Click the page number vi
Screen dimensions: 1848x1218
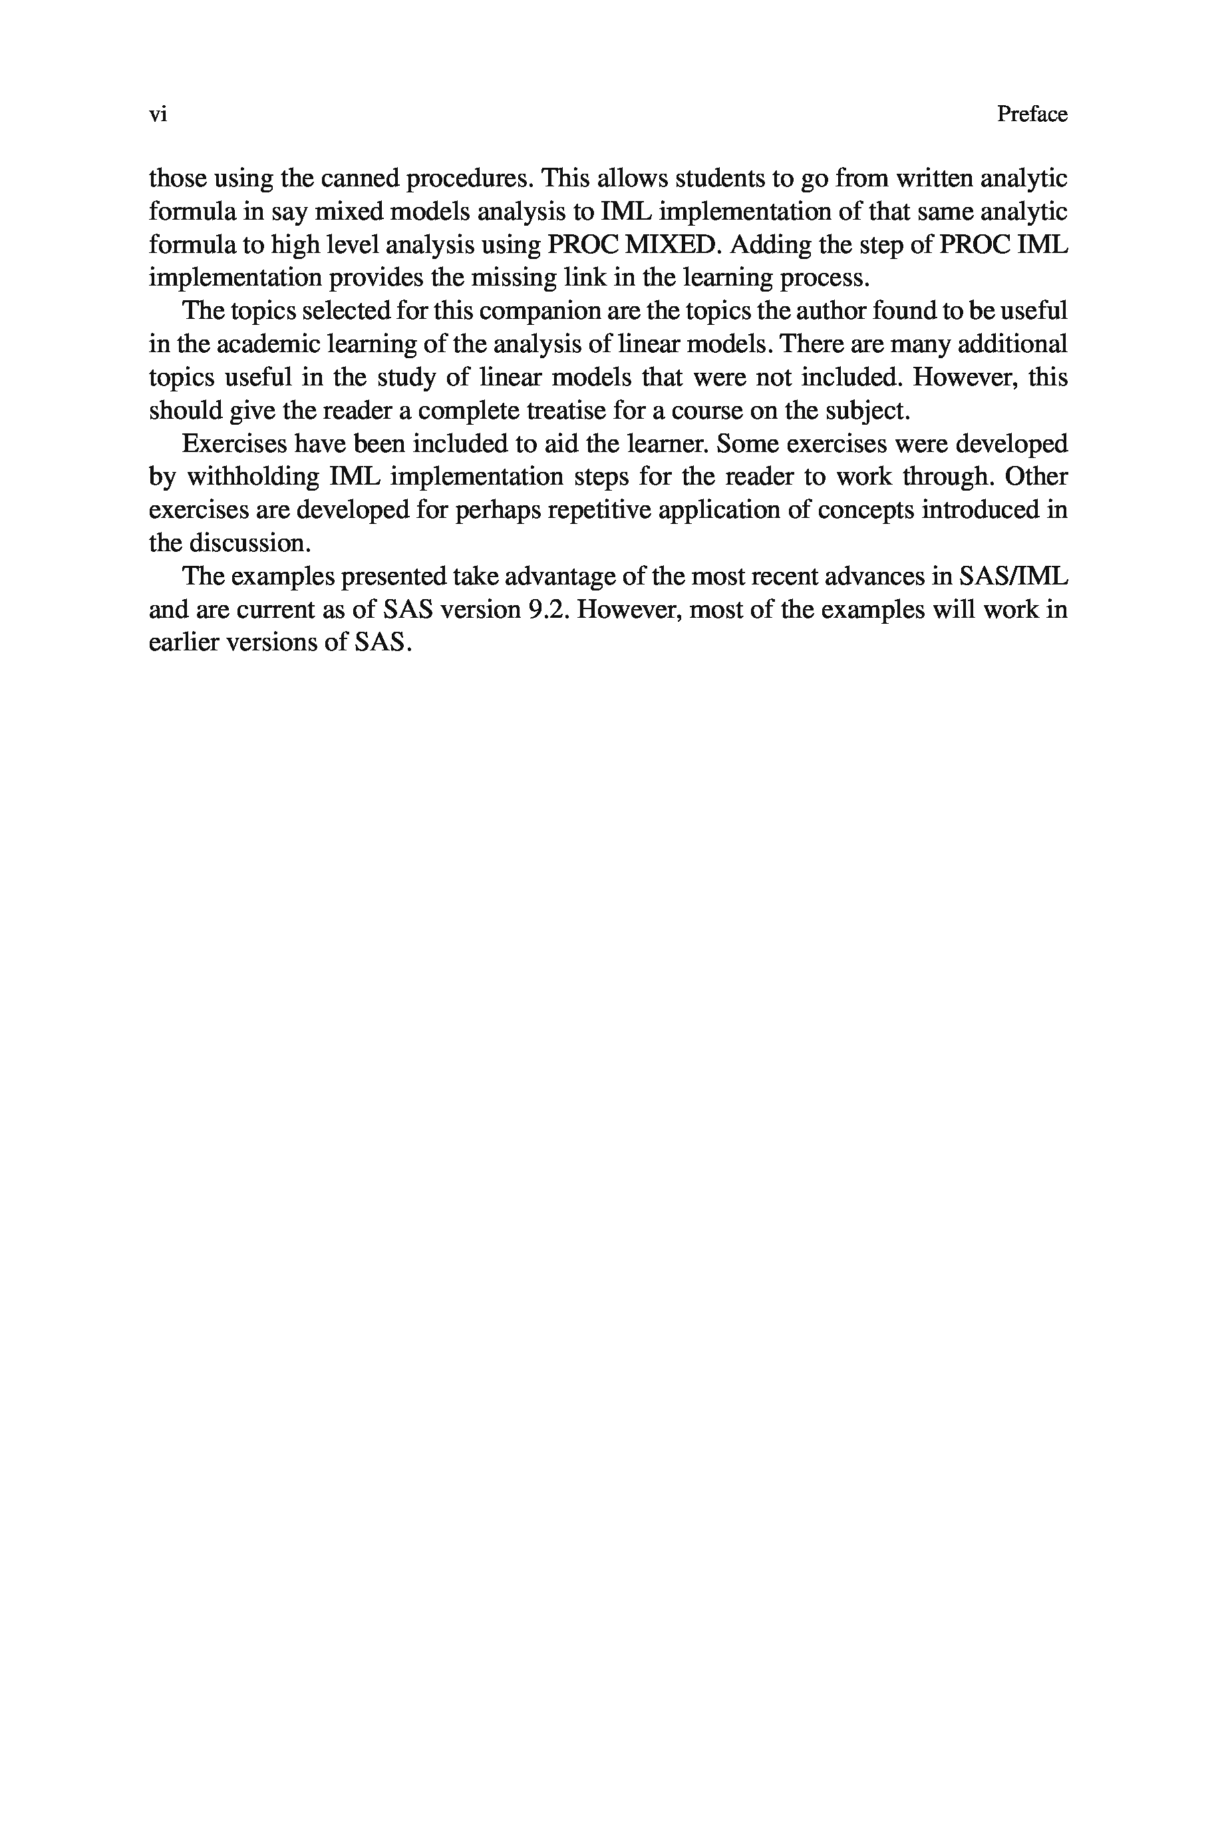[158, 115]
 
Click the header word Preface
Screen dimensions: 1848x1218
[1032, 115]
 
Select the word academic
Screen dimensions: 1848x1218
[255, 344]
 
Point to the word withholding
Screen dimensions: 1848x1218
[253, 477]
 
